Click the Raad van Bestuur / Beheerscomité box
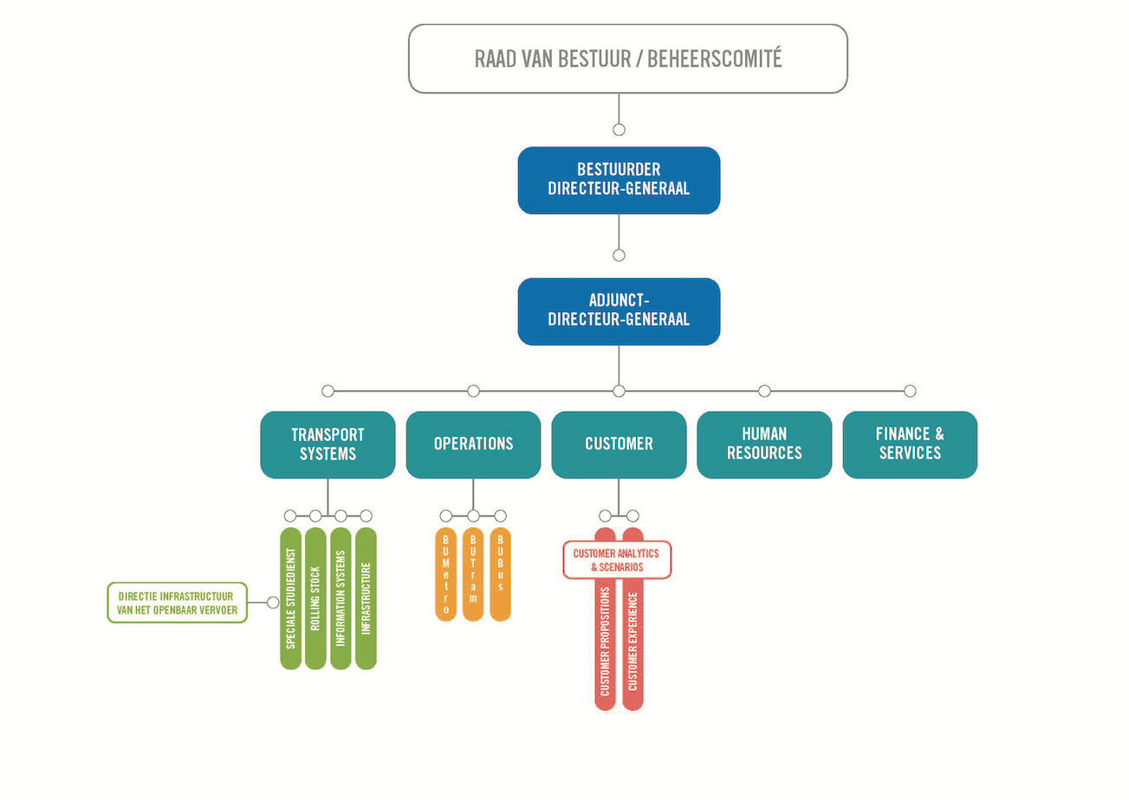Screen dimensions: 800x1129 (627, 59)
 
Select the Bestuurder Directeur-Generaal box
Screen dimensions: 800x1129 (619, 180)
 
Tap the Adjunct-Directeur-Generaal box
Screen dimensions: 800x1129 (619, 311)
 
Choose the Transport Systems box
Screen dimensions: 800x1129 (328, 444)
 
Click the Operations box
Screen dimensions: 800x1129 (473, 444)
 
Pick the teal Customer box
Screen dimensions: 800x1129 (619, 444)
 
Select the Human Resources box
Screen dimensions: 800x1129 (764, 444)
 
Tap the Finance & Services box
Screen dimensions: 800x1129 (910, 444)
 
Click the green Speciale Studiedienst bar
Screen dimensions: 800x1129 (290, 598)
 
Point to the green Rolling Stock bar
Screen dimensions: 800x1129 (315, 598)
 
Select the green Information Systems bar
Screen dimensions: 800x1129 (341, 598)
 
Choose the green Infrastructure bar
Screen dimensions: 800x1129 (366, 598)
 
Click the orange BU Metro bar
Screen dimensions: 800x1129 (445, 574)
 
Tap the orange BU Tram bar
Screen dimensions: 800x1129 (473, 574)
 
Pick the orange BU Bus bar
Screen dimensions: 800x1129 (500, 574)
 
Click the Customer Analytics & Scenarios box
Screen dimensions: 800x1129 (617, 560)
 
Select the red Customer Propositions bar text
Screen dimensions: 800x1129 (605, 641)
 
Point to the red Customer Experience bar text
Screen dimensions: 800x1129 (633, 641)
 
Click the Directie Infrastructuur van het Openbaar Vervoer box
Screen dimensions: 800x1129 (177, 602)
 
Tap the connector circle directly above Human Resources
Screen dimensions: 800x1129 (764, 391)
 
